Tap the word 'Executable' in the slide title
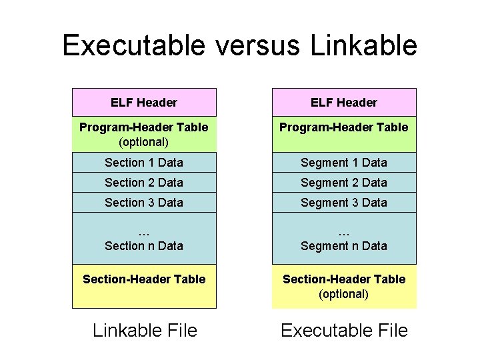(134, 45)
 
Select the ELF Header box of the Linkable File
(144, 103)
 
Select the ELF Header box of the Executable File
(344, 103)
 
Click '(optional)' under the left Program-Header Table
(143, 142)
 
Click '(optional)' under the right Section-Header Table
(343, 294)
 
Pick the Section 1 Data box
(144, 163)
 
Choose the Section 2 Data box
(144, 183)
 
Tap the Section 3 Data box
(144, 203)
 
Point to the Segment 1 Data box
(344, 163)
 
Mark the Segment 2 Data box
(344, 183)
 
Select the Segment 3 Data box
(344, 203)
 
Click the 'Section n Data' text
(144, 246)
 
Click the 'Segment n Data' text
(344, 246)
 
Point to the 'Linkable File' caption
(145, 330)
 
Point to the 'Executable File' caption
(344, 330)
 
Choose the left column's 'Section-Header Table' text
(144, 279)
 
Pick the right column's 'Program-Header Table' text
(344, 127)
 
